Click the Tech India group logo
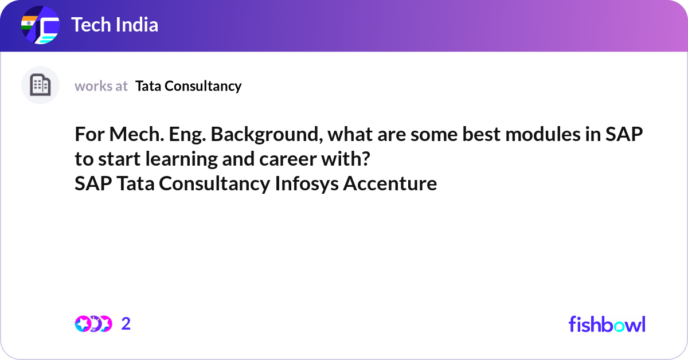click(40, 25)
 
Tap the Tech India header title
click(115, 25)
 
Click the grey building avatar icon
click(40, 85)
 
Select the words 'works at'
click(101, 86)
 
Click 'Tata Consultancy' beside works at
click(188, 86)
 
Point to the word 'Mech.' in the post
click(136, 134)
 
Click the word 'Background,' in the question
click(267, 135)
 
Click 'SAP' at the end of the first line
click(624, 134)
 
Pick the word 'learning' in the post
click(181, 159)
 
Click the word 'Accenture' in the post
click(390, 183)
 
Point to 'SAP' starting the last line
click(93, 183)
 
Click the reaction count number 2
click(126, 324)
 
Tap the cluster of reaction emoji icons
click(93, 324)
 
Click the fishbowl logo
click(607, 324)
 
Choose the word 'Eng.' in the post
click(187, 135)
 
